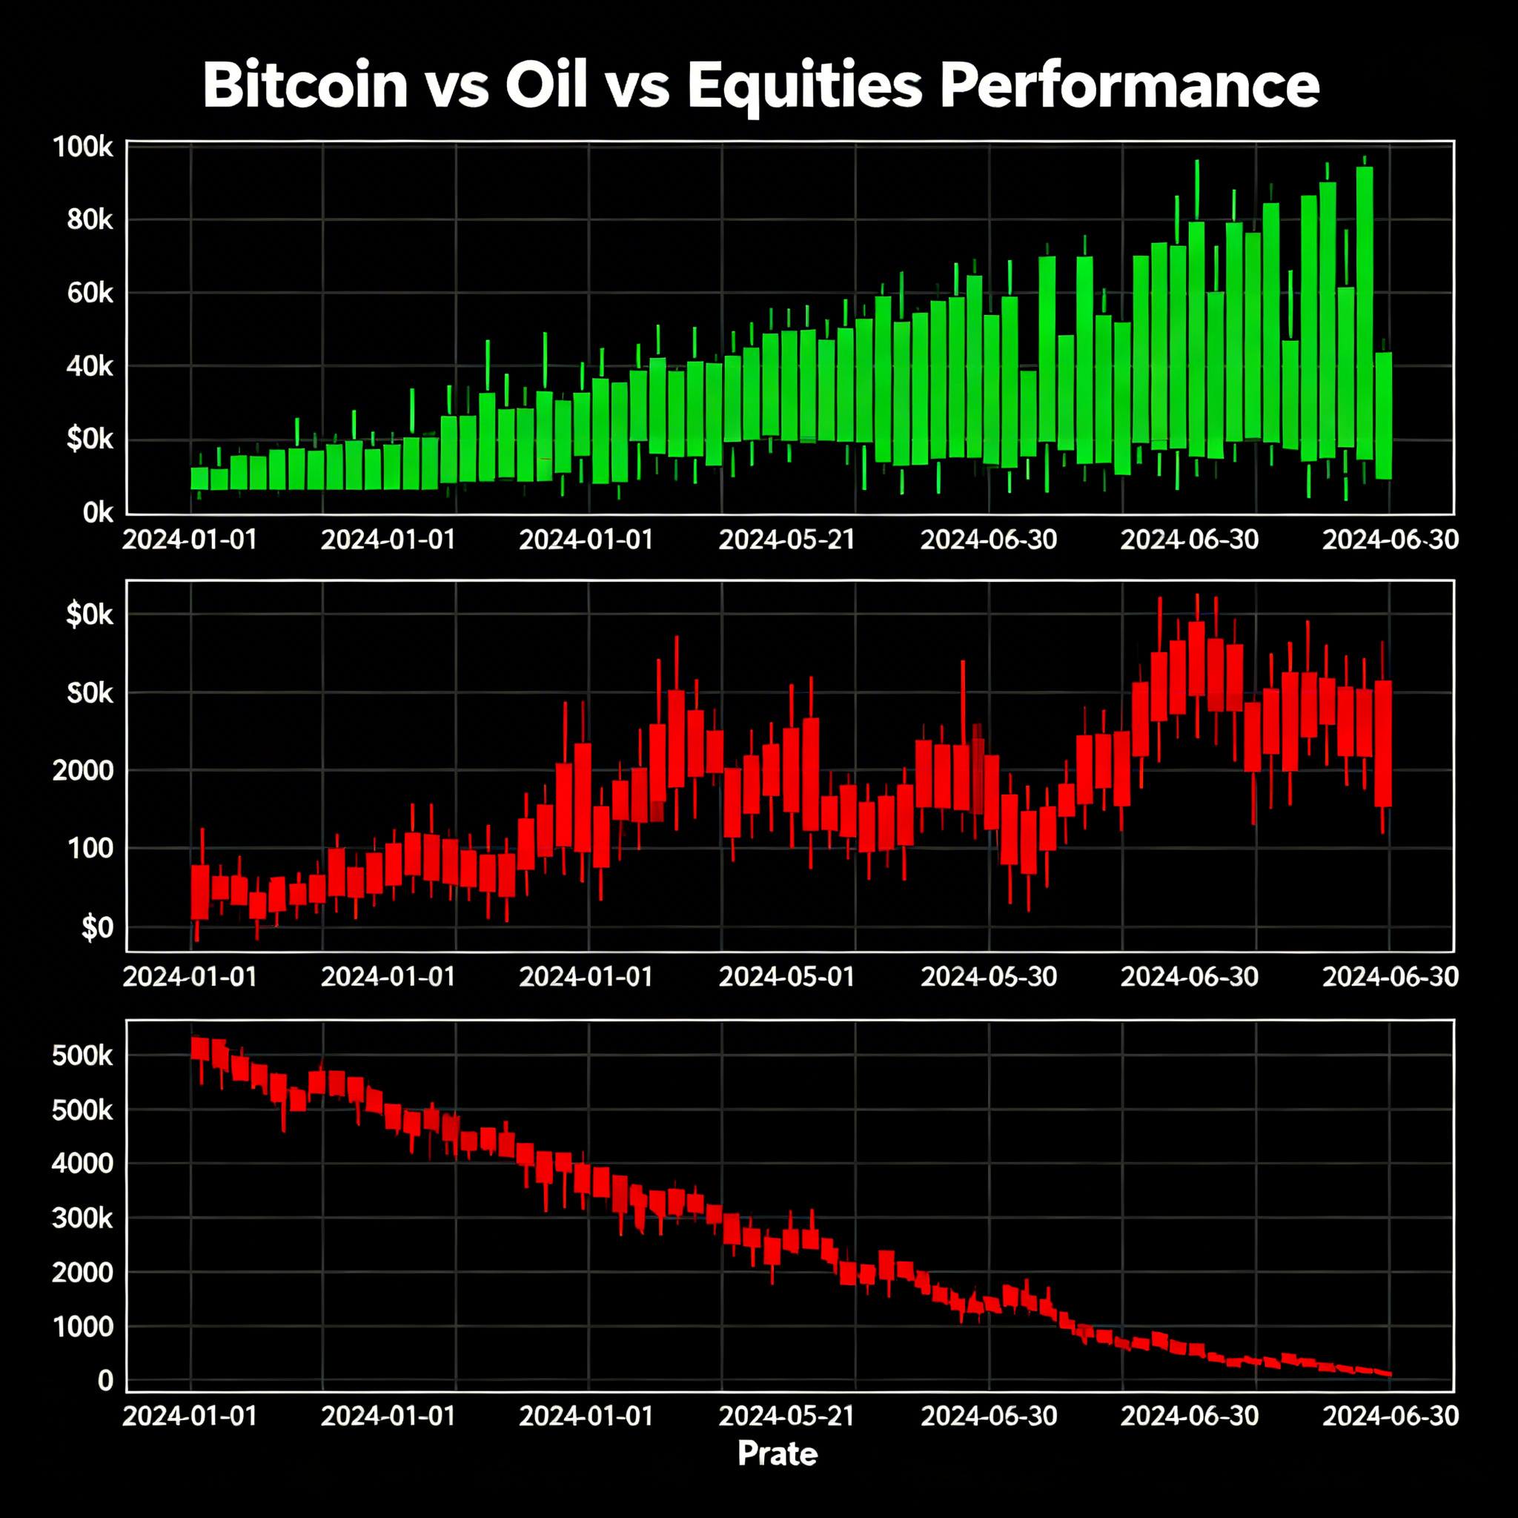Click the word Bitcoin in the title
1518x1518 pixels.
pyautogui.click(x=305, y=84)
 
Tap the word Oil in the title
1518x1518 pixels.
pyautogui.click(x=546, y=84)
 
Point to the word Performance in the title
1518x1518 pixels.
pyautogui.click(x=1129, y=84)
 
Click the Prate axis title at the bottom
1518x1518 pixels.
pyautogui.click(x=777, y=1454)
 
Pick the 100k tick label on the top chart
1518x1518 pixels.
pyautogui.click(x=83, y=147)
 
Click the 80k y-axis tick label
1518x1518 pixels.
pyautogui.click(x=90, y=220)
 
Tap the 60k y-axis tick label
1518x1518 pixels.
pyautogui.click(x=90, y=293)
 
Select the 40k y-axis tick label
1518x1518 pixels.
pyautogui.click(x=90, y=366)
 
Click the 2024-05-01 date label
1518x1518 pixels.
pyautogui.click(x=786, y=977)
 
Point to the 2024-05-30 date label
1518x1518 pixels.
pyautogui.click(x=989, y=977)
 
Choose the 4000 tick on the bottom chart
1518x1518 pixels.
pyautogui.click(x=82, y=1163)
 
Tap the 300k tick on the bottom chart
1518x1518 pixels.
pyautogui.click(x=82, y=1218)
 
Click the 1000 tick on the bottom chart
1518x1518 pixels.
pyautogui.click(x=82, y=1327)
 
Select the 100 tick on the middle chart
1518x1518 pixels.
pyautogui.click(x=91, y=849)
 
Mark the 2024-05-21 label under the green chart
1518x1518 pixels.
pyautogui.click(x=786, y=540)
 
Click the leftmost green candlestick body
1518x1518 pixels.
pyautogui.click(x=199, y=479)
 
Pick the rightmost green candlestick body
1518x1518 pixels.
pyautogui.click(x=1384, y=415)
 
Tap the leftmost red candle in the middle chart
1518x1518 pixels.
pyautogui.click(x=200, y=891)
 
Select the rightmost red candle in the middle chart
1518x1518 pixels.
pyautogui.click(x=1383, y=743)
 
